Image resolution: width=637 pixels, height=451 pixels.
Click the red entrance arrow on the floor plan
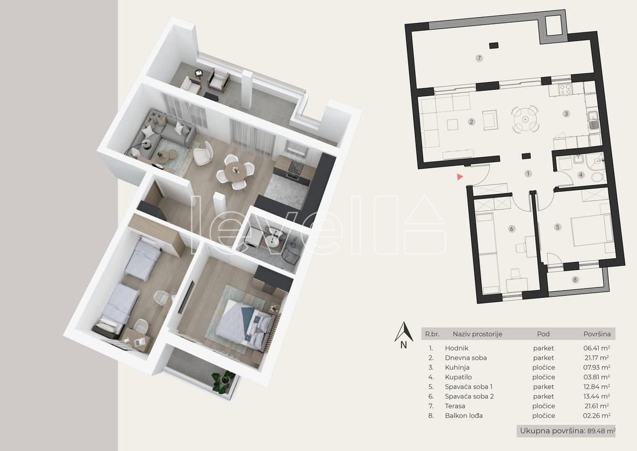click(460, 177)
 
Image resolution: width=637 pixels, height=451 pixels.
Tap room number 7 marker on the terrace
click(479, 58)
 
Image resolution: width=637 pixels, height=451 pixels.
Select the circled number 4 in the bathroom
click(581, 175)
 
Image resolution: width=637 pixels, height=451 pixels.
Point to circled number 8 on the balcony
click(575, 280)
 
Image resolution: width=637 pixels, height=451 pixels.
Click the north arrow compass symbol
click(404, 335)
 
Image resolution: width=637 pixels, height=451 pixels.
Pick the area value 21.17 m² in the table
click(596, 358)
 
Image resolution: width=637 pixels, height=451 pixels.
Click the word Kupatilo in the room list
click(458, 377)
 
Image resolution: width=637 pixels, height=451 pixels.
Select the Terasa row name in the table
click(455, 406)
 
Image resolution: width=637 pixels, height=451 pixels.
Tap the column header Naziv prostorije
click(477, 334)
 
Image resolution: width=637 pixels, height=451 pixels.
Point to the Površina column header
click(597, 334)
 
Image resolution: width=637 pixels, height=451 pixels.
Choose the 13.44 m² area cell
click(596, 396)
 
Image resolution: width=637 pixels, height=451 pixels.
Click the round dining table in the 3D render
click(236, 171)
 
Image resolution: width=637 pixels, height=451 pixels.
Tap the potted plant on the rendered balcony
click(223, 381)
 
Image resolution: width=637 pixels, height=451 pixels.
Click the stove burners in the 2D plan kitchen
click(565, 90)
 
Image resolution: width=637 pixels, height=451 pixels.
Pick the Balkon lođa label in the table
click(464, 416)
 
